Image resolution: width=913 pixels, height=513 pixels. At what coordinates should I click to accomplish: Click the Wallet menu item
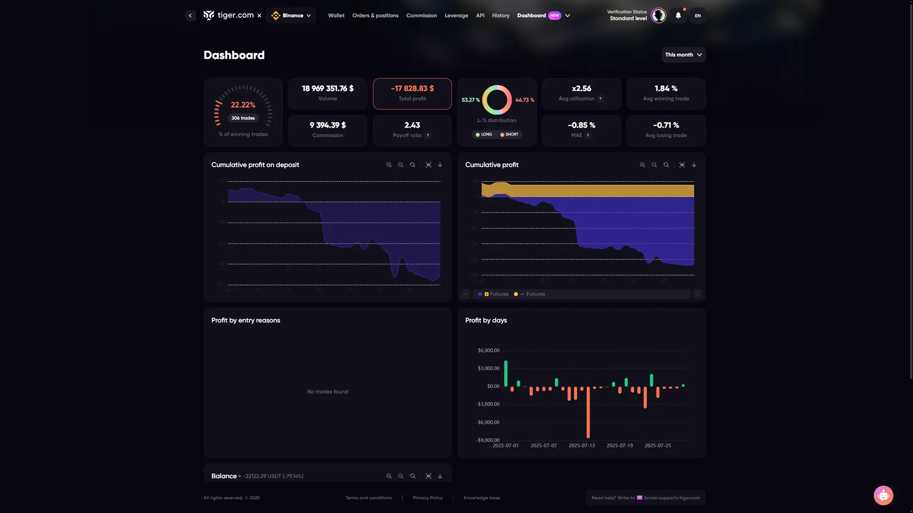tap(336, 16)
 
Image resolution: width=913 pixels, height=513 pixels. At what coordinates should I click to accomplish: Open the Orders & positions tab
tap(375, 16)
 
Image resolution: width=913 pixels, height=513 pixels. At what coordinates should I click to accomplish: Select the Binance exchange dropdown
tap(291, 16)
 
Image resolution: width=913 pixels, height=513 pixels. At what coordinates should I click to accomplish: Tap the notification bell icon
tap(678, 16)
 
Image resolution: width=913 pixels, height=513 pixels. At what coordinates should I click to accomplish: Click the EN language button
tap(697, 16)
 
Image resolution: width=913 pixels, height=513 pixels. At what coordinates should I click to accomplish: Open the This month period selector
tap(683, 55)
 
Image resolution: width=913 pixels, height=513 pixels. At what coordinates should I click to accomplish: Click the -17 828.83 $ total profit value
tap(412, 88)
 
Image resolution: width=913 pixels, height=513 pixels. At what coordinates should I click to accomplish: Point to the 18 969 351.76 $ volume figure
tap(328, 88)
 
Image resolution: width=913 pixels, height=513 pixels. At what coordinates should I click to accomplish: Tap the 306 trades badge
tap(243, 118)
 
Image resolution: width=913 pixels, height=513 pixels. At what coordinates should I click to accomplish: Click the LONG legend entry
tap(484, 134)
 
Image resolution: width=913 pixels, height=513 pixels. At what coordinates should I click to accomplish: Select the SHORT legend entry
tap(509, 134)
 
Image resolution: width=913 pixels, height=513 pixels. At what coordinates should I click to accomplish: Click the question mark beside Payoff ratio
tap(428, 136)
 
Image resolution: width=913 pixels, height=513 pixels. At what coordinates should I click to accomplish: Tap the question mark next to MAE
tap(588, 136)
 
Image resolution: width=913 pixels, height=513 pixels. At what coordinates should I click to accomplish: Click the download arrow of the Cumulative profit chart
tap(694, 165)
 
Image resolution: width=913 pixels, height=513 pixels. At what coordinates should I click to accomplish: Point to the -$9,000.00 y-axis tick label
tap(488, 440)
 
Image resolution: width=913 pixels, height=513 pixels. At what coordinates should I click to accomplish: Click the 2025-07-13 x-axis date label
tap(582, 445)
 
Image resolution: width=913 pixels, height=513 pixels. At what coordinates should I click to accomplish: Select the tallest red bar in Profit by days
tap(588, 414)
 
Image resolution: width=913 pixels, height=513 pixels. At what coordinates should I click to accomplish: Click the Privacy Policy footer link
tap(427, 498)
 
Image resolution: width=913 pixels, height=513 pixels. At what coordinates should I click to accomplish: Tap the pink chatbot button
tap(883, 495)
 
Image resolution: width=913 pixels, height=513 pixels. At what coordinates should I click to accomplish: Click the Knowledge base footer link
tap(481, 498)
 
